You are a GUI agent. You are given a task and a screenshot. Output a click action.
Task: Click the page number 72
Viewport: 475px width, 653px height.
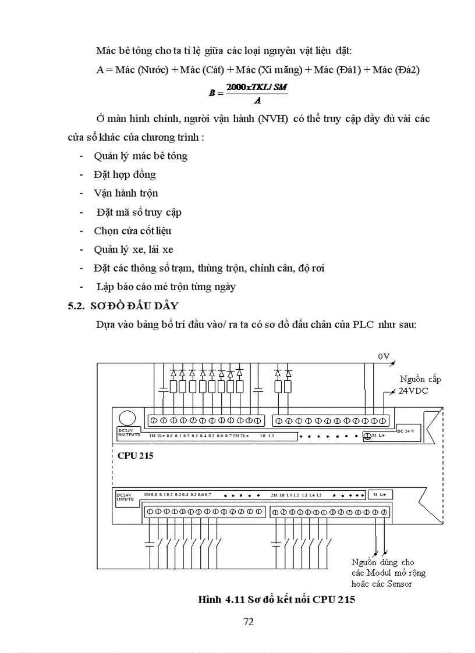pyautogui.click(x=248, y=622)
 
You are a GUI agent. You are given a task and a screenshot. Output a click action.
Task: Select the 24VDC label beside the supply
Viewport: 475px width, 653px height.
pyautogui.click(x=413, y=391)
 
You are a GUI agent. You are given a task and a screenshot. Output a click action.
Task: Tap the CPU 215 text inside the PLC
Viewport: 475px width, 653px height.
pyautogui.click(x=135, y=456)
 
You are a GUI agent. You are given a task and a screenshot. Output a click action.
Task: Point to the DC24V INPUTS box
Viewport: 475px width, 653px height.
pyautogui.click(x=125, y=497)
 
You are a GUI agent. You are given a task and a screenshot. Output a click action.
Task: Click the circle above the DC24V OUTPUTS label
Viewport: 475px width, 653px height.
pyautogui.click(x=127, y=418)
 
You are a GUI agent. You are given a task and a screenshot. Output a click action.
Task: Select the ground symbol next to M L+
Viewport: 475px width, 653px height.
pyautogui.click(x=367, y=436)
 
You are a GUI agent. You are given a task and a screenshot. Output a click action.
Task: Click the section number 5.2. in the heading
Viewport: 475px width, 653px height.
pyautogui.click(x=77, y=306)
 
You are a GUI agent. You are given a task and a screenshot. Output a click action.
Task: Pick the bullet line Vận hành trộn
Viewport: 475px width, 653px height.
pyautogui.click(x=126, y=193)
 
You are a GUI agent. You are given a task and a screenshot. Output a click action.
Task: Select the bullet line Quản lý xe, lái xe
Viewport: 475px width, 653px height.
pyautogui.click(x=133, y=249)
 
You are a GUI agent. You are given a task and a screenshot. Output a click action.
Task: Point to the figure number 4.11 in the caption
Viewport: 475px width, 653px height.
pyautogui.click(x=234, y=600)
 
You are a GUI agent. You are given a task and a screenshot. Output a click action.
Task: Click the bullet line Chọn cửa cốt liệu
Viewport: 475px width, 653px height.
pyautogui.click(x=132, y=231)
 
